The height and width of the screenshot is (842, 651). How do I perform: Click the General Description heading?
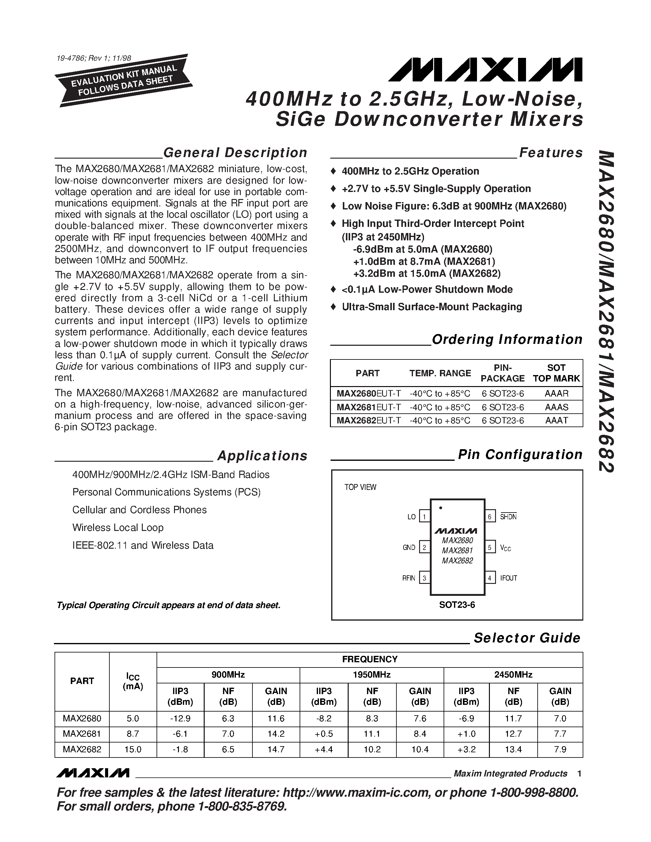(235, 153)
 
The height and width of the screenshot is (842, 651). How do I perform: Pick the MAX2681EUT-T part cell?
(368, 407)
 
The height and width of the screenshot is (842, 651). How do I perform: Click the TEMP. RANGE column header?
(440, 373)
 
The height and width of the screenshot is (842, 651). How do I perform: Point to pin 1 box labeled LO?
(424, 517)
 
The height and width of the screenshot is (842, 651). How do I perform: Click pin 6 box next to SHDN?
(490, 517)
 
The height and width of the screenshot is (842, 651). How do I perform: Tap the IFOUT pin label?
(508, 578)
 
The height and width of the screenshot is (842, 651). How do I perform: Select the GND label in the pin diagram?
(409, 547)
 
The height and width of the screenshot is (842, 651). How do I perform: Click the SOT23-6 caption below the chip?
(457, 605)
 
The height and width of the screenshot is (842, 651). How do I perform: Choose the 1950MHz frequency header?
(371, 675)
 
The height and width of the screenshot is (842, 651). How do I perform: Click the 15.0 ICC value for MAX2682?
(133, 749)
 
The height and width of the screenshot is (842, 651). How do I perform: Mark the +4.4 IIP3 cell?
(324, 749)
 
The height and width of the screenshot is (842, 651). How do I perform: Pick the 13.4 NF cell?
(513, 749)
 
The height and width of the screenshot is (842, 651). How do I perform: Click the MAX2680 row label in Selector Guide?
(82, 719)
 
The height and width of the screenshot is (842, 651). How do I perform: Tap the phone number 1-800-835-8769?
(243, 806)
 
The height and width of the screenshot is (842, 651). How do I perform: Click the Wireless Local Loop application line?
(118, 528)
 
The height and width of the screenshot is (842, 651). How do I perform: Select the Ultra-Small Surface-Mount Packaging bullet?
(432, 307)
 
